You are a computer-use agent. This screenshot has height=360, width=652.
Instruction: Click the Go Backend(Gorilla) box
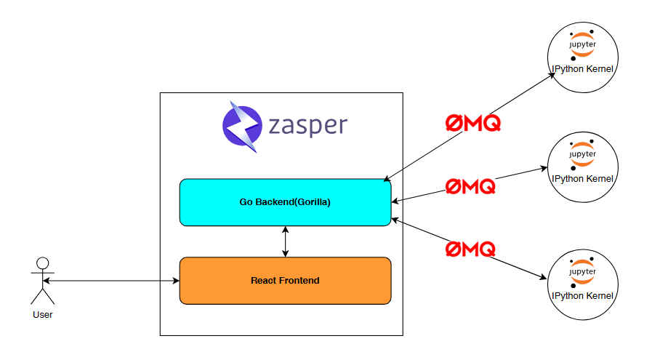tap(285, 202)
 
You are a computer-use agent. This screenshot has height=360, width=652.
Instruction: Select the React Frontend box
tap(285, 280)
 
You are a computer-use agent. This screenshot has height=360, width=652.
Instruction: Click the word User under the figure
tap(43, 314)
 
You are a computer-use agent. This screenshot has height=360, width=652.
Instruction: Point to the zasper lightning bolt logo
tap(241, 126)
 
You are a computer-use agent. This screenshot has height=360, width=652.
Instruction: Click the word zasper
tap(307, 126)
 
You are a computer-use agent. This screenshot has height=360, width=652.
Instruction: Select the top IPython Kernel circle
tap(583, 55)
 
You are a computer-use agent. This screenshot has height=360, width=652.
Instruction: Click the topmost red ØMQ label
tap(473, 124)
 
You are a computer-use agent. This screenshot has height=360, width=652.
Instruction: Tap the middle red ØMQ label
tap(470, 186)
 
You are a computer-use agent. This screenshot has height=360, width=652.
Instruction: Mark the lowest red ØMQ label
tap(470, 249)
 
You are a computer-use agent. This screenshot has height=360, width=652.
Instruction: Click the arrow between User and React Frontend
tap(110, 280)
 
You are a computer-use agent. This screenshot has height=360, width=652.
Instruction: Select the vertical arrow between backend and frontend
tap(285, 241)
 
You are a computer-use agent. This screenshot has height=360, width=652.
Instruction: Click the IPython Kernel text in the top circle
tap(583, 69)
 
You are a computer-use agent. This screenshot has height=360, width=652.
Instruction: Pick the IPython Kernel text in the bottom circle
tap(583, 296)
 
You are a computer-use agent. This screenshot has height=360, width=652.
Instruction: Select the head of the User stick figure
tap(43, 263)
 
